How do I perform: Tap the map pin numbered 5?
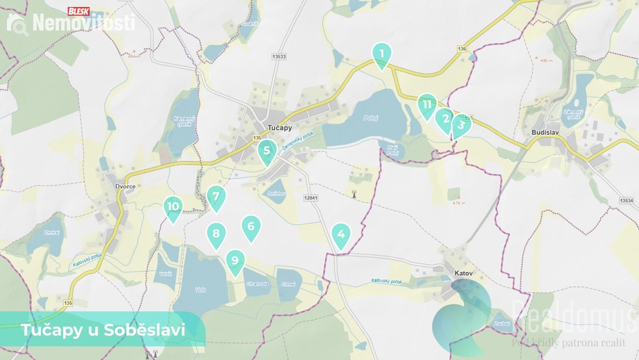click(267, 150)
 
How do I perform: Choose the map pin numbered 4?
click(340, 235)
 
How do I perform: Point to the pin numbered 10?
click(173, 207)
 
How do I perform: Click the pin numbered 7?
click(216, 197)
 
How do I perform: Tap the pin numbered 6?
click(216, 235)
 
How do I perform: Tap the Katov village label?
click(463, 273)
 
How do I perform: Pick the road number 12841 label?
click(310, 198)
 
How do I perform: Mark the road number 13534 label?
click(622, 200)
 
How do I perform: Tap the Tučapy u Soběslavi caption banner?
click(103, 329)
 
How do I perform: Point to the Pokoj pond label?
click(370, 118)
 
